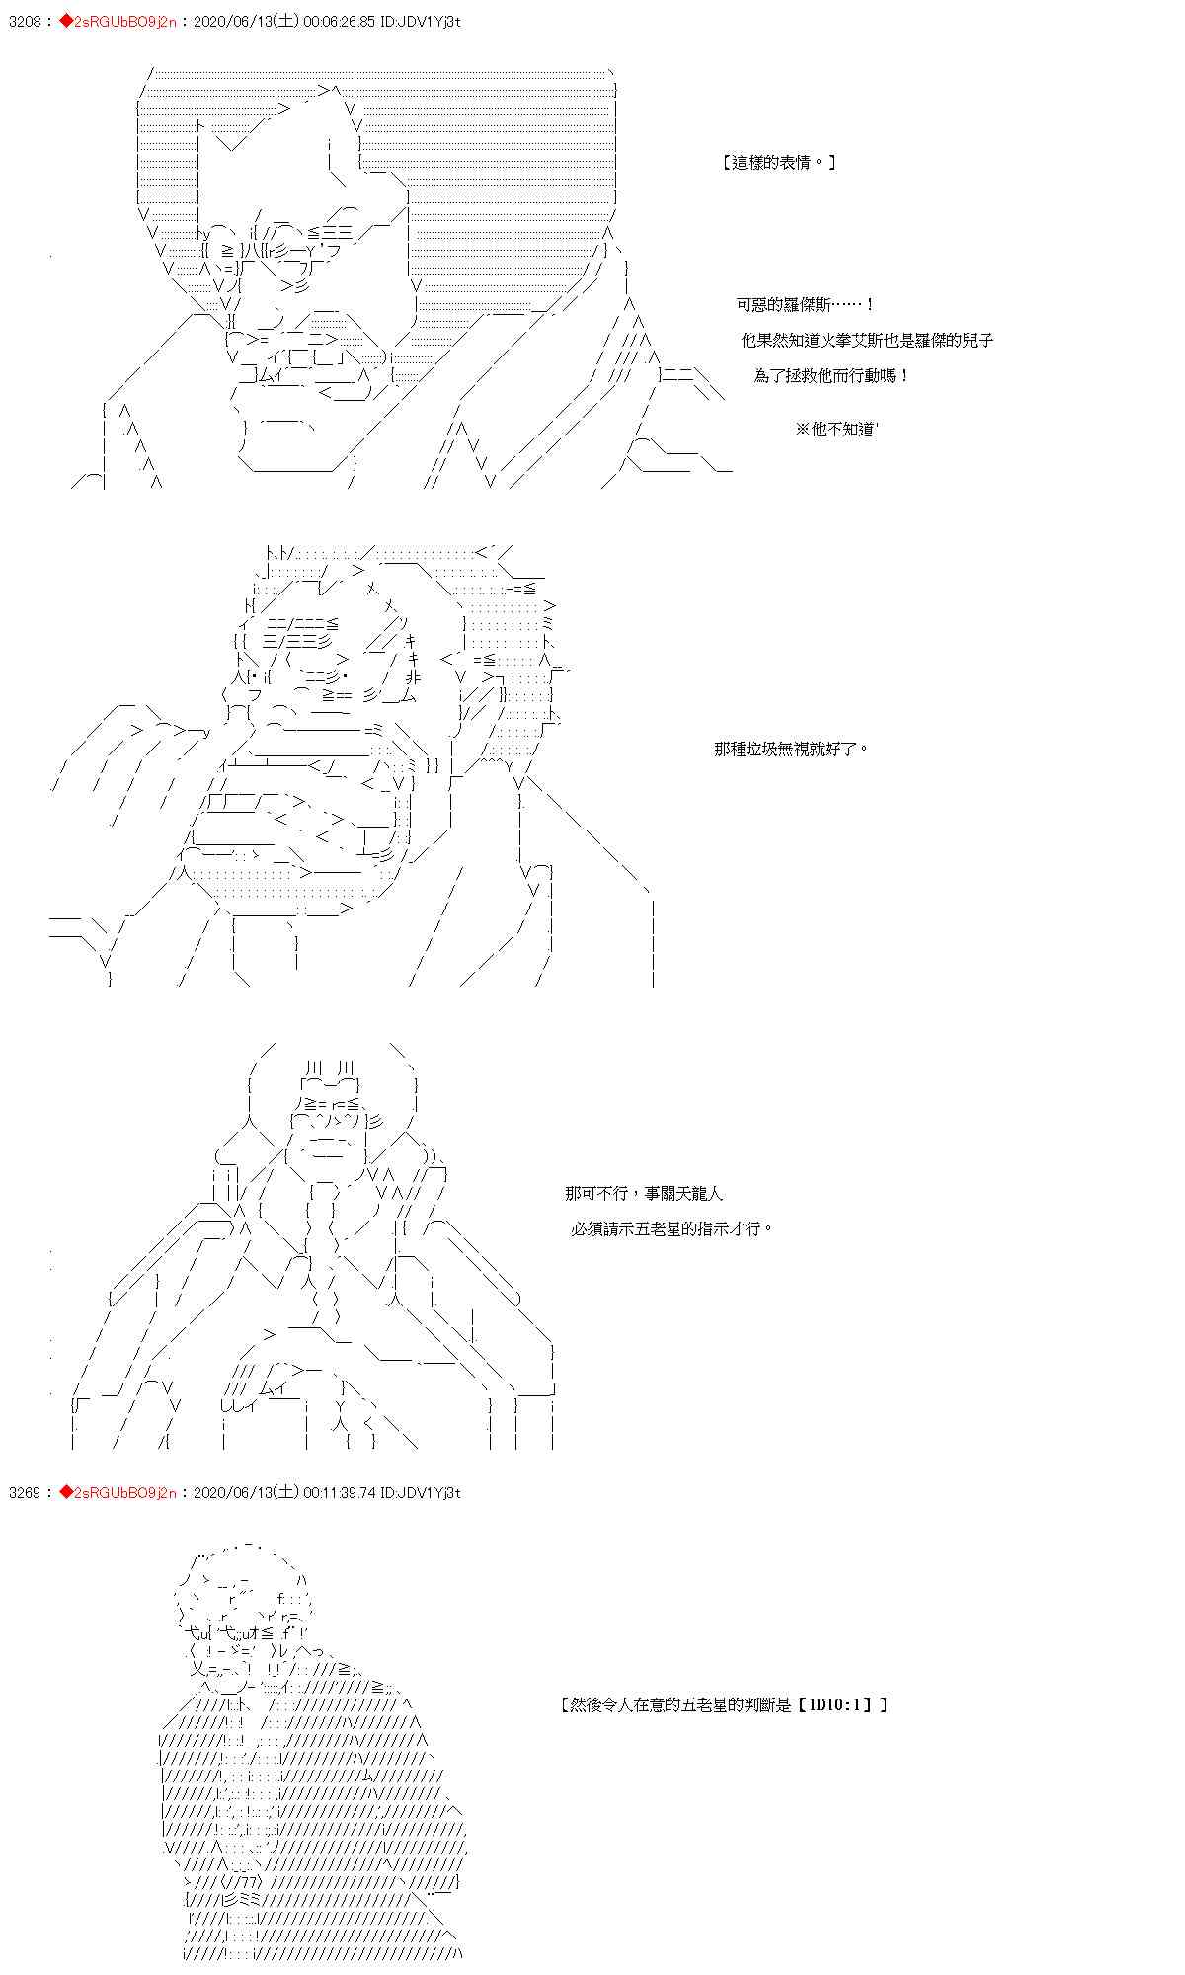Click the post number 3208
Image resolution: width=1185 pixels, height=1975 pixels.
click(25, 21)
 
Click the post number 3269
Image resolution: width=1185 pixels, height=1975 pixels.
click(25, 1492)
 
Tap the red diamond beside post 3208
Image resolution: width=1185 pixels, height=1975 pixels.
click(66, 21)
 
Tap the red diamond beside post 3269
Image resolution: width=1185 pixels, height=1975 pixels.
click(66, 1492)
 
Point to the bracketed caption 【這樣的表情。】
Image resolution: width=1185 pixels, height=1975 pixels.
click(779, 163)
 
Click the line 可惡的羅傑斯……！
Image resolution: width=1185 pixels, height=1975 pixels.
click(806, 305)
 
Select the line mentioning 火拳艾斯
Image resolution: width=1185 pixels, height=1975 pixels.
click(867, 341)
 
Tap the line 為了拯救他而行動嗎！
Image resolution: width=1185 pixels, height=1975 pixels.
click(831, 376)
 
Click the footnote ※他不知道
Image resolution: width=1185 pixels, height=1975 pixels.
click(835, 430)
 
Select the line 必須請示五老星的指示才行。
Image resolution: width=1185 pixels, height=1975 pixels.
click(671, 1229)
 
